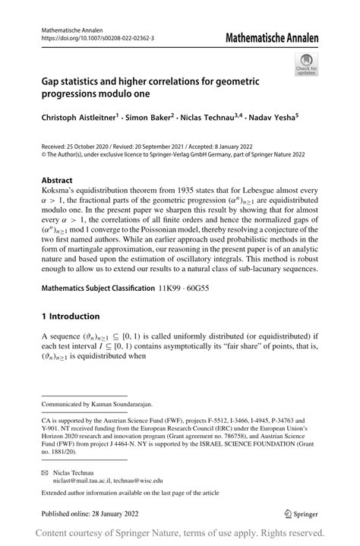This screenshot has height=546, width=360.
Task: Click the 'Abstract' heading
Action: click(x=58, y=181)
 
